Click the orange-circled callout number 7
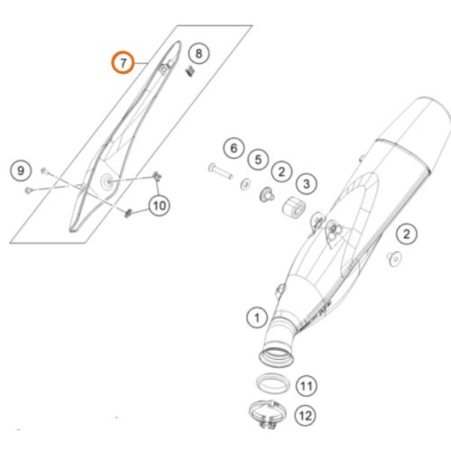pos(123,62)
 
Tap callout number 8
pos(199,53)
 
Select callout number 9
pos(21,170)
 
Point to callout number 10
pos(160,206)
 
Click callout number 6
pos(234,148)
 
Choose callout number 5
pos(258,160)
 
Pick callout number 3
pos(306,183)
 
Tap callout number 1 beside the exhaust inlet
pos(257,318)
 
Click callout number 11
pos(307,385)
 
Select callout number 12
pos(305,416)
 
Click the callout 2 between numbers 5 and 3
pos(281,171)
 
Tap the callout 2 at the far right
pos(407,234)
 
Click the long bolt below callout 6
pos(220,170)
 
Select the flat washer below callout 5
pos(246,184)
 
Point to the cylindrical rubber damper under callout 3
pos(294,207)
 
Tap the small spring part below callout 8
pos(190,71)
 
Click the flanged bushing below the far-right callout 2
pos(394,259)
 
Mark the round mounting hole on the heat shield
pos(107,181)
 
